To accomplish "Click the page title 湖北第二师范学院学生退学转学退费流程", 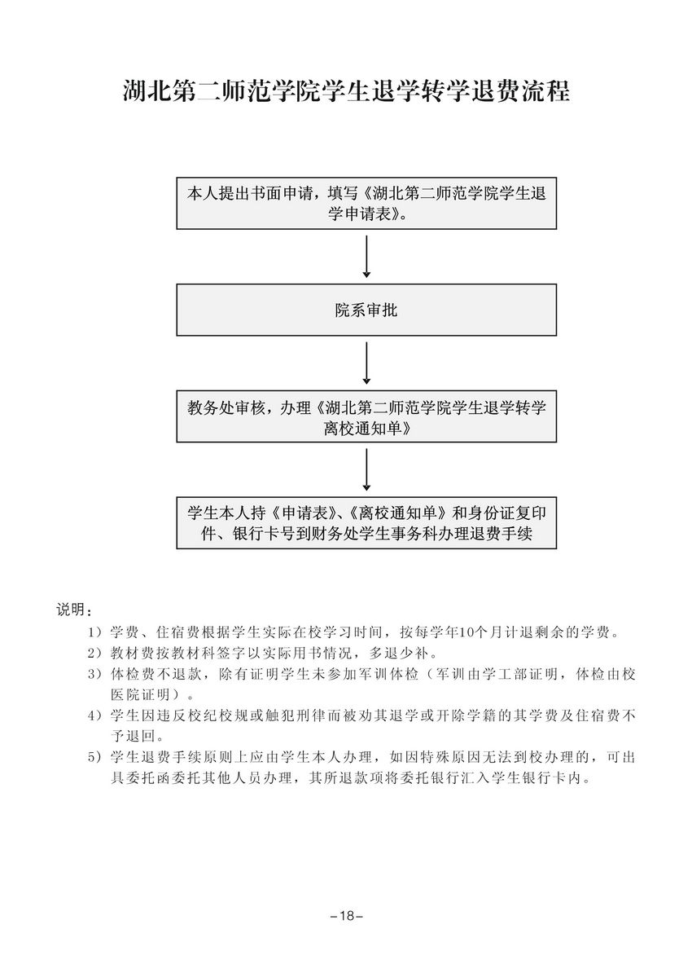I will (346, 91).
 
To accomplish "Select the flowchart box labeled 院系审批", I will (366, 310).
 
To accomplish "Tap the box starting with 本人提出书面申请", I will (366, 204).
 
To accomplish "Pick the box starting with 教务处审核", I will (366, 416).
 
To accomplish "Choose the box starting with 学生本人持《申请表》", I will (366, 522).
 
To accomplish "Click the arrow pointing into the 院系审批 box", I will (366, 256).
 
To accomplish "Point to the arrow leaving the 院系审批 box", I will (366, 363).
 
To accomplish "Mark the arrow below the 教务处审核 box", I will (366, 469).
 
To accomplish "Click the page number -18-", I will (346, 916).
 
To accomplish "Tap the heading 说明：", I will (74, 610).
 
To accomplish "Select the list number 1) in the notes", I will (94, 632).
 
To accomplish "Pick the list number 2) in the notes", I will (94, 653).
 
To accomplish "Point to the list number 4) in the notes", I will (94, 715).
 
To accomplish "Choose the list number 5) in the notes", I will (94, 757).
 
